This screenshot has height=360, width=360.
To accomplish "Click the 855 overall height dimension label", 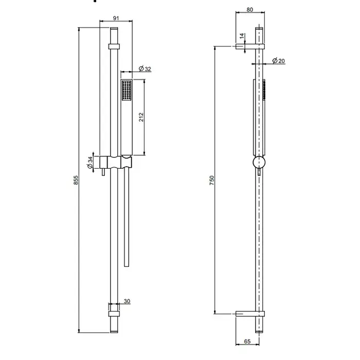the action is (x=76, y=180).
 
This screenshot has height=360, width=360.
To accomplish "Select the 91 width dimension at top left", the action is (x=116, y=18).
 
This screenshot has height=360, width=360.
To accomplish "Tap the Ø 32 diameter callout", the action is (x=145, y=68).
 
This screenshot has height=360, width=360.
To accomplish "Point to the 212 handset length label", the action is (x=141, y=117).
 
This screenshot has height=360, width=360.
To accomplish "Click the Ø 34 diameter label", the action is (x=90, y=163).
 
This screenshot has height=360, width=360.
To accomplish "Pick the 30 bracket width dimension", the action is (x=127, y=301).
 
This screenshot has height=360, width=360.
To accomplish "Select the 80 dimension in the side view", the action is (x=250, y=9).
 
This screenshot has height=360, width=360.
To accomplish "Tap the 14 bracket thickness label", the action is (x=242, y=36).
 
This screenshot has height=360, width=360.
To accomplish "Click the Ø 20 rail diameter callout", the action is (x=279, y=61).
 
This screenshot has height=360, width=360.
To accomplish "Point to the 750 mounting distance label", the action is (x=212, y=180).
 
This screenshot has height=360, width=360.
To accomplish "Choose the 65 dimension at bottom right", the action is (x=247, y=341).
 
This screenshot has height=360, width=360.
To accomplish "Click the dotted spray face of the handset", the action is (x=127, y=90).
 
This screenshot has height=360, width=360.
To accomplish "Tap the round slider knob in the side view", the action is (x=259, y=163).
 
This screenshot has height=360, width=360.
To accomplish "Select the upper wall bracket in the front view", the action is (x=114, y=46).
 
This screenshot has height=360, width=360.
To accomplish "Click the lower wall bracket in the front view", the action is (x=114, y=314).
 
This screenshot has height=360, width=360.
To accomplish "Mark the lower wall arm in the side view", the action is (x=250, y=314).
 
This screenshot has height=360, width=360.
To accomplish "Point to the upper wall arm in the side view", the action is (x=250, y=46).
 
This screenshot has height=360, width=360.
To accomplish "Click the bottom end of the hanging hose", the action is (x=127, y=266).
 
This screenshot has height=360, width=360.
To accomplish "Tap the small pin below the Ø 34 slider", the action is (x=103, y=172).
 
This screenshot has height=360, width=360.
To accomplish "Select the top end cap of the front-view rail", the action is (x=114, y=28).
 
